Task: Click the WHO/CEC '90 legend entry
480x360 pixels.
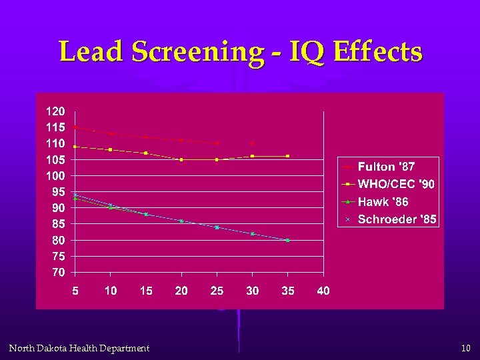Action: [396, 184]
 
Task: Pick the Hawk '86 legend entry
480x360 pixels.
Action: [383, 201]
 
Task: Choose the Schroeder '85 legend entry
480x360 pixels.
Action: [397, 219]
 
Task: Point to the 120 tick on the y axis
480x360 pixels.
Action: [55, 111]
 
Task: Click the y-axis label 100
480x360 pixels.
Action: [55, 176]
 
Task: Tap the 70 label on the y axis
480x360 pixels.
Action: [58, 273]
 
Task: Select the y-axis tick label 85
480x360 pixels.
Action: [58, 224]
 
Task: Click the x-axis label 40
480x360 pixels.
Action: [323, 291]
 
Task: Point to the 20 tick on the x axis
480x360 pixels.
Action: [181, 291]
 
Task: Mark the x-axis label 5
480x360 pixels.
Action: [75, 291]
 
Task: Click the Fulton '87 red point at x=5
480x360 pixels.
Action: [75, 127]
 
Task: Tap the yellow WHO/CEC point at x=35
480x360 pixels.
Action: [287, 156]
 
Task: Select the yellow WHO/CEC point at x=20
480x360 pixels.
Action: [181, 159]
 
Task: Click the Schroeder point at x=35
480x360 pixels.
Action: [287, 240]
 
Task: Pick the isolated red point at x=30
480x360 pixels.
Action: [252, 143]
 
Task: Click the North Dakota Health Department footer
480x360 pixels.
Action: [79, 348]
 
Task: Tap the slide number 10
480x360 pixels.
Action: [465, 348]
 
